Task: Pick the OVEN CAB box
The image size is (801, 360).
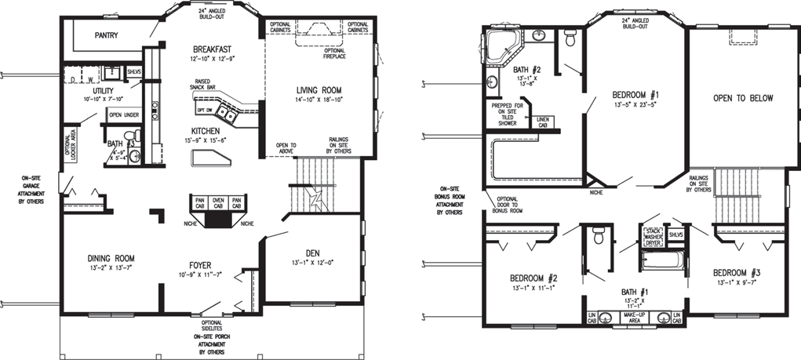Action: (x=218, y=202)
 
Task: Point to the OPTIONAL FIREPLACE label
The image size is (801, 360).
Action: (x=338, y=53)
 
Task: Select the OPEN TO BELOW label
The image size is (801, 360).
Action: (x=742, y=98)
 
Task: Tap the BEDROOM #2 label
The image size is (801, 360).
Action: (x=533, y=279)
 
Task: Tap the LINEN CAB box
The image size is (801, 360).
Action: (x=543, y=122)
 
